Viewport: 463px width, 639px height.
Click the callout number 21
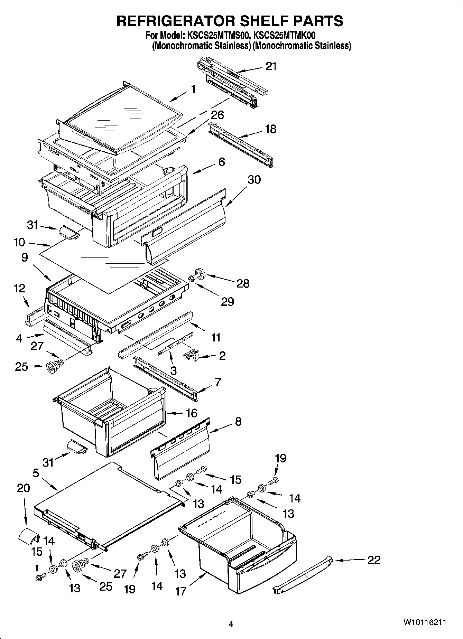click(271, 66)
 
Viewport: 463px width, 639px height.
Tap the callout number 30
click(254, 180)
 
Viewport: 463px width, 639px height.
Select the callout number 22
click(373, 560)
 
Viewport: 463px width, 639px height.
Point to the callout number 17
click(181, 591)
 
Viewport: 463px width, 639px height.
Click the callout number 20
click(23, 488)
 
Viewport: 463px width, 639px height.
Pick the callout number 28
click(243, 284)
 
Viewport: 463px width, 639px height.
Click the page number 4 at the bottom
click(231, 624)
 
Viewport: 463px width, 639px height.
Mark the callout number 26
click(217, 115)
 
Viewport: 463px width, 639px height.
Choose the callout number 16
click(192, 413)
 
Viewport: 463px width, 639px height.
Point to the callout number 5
click(36, 473)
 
